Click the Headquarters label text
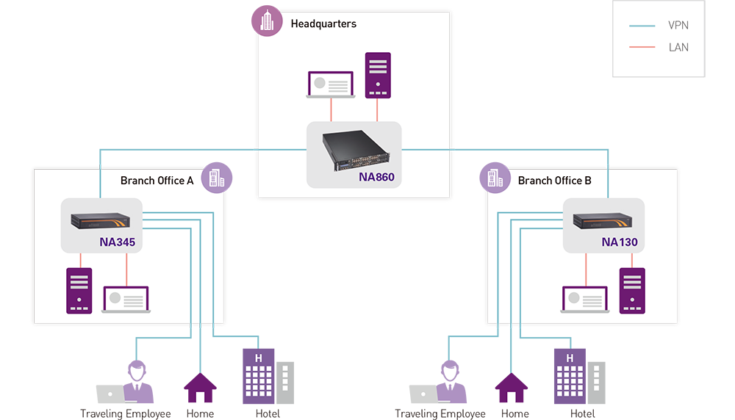click(323, 23)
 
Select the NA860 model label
click(376, 177)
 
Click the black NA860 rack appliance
click(354, 150)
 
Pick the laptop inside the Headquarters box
click(331, 85)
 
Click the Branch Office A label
click(157, 181)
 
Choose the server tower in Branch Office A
click(79, 290)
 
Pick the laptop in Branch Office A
click(126, 300)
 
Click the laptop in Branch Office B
click(585, 300)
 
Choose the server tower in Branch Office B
click(632, 290)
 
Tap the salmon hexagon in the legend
click(642, 49)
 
